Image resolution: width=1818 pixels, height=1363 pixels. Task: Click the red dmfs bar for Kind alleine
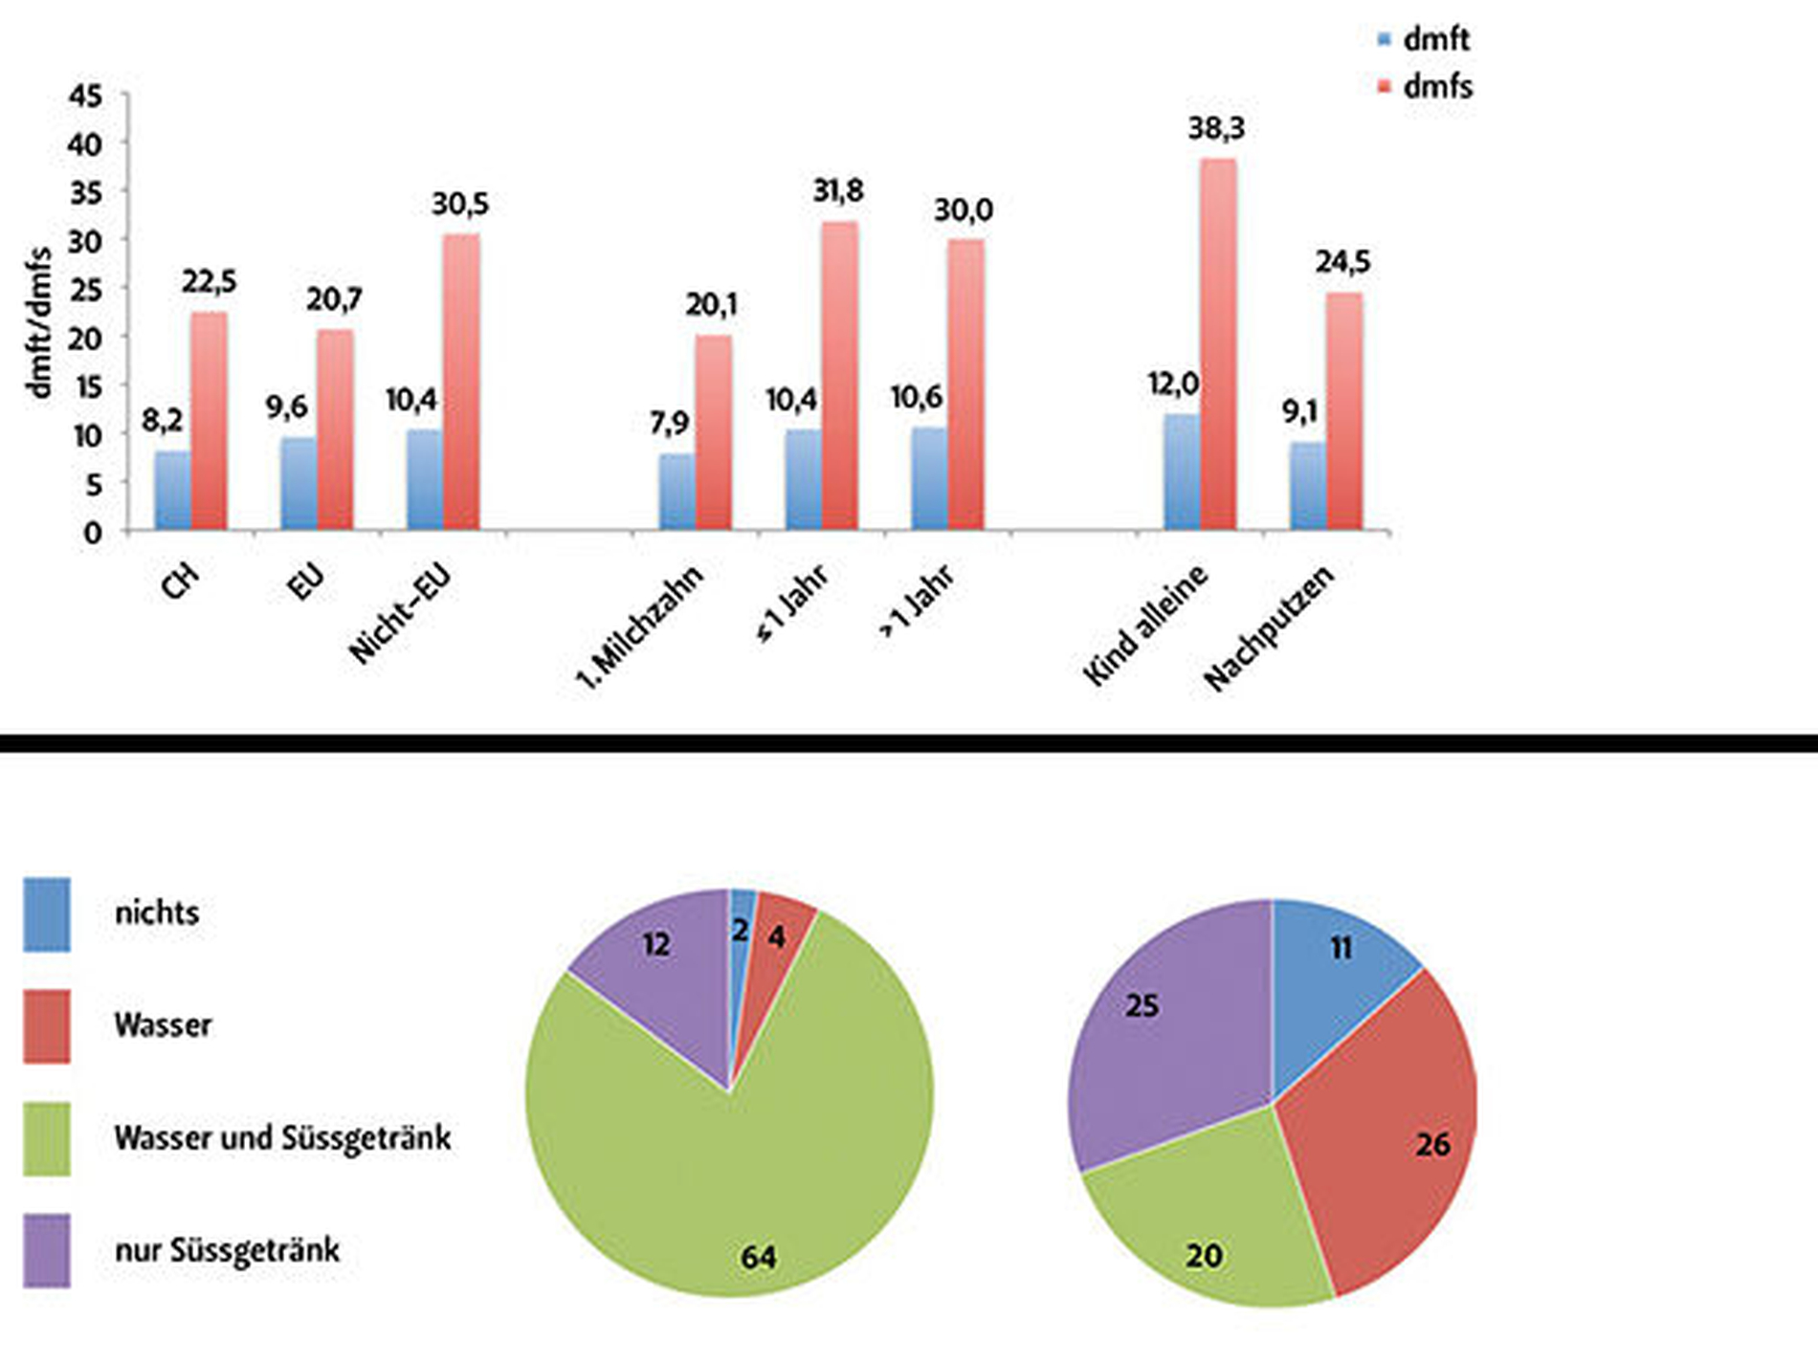[x=1218, y=344]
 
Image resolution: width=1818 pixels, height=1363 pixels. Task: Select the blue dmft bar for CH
[x=173, y=491]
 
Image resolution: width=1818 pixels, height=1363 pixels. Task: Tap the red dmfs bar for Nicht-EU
[x=461, y=382]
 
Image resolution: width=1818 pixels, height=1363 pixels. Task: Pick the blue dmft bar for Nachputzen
[x=1307, y=486]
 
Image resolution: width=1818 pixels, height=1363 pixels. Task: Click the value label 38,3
[x=1216, y=127]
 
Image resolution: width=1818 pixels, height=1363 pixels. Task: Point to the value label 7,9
[x=669, y=422]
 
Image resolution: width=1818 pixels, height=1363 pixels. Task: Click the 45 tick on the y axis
[x=84, y=96]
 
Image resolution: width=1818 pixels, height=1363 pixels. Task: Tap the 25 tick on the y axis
[x=84, y=289]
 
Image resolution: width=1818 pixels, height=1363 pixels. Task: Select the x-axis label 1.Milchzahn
[x=639, y=627]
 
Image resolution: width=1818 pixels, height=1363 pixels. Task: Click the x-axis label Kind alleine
[x=1146, y=625]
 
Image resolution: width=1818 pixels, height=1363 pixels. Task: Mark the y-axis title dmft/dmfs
[x=38, y=322]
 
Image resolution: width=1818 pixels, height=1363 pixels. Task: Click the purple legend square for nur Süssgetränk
[x=47, y=1250]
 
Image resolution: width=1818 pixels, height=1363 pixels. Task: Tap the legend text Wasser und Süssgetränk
[x=282, y=1138]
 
